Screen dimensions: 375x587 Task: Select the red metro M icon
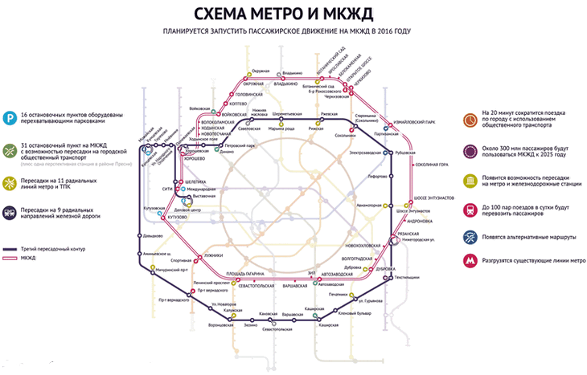pyautogui.click(x=470, y=261)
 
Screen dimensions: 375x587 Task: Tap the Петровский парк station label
pyautogui.click(x=240, y=145)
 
